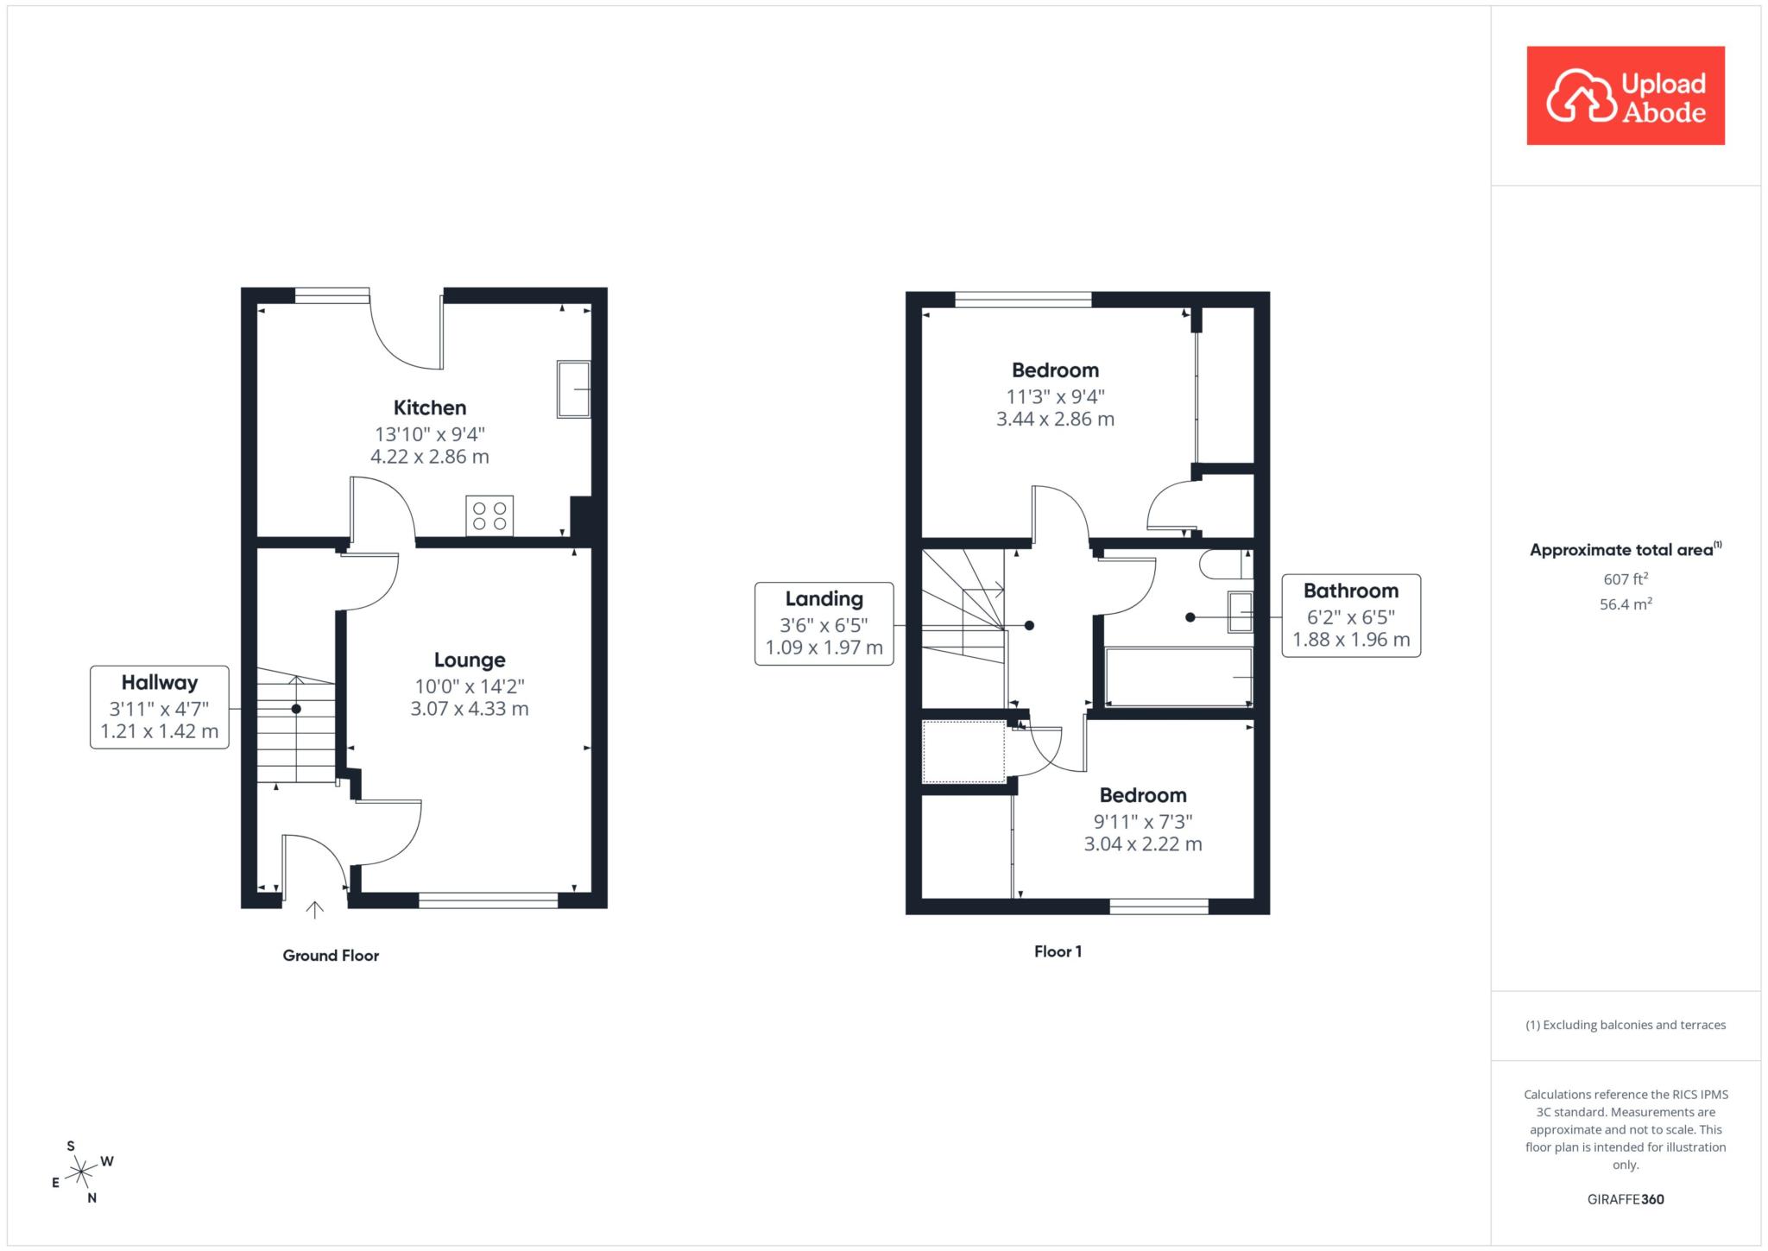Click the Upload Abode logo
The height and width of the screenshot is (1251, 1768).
[1626, 96]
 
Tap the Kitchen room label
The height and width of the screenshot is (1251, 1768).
[430, 408]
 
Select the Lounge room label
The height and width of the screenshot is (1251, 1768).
[470, 660]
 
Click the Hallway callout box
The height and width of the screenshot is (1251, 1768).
[160, 707]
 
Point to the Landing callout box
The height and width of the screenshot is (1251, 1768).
[824, 623]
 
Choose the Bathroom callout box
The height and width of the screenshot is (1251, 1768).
[1351, 616]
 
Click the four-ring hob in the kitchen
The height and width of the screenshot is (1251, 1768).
[489, 515]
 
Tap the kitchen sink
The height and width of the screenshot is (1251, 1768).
[573, 389]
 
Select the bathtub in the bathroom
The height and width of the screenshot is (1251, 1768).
[1178, 677]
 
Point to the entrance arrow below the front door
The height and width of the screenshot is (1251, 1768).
[315, 909]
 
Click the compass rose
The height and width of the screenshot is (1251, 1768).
[81, 1172]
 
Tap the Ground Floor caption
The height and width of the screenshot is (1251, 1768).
[331, 956]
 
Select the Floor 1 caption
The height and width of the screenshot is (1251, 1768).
[1058, 951]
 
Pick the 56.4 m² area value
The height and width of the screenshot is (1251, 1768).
[1626, 603]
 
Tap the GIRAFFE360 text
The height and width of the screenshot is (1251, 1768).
[1626, 1199]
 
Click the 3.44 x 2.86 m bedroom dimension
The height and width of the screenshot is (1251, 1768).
[1055, 420]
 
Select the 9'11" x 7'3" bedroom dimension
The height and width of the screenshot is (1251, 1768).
[1143, 822]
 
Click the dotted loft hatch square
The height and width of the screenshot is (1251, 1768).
[963, 752]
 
